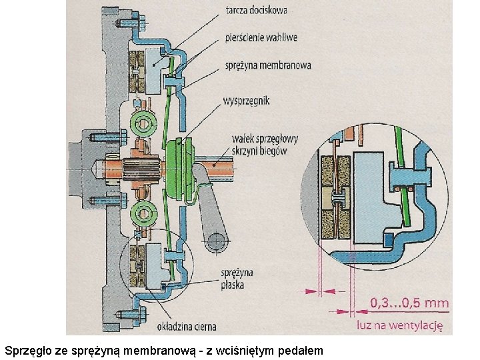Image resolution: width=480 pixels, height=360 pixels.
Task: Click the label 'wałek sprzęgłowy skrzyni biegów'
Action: click(x=265, y=145)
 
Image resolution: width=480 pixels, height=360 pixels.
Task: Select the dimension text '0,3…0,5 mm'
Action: click(x=409, y=303)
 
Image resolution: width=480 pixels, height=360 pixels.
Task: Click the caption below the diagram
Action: click(x=163, y=349)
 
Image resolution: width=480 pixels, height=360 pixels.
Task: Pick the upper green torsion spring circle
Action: click(x=143, y=123)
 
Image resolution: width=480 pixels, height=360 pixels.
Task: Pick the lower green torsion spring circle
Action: click(x=143, y=214)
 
